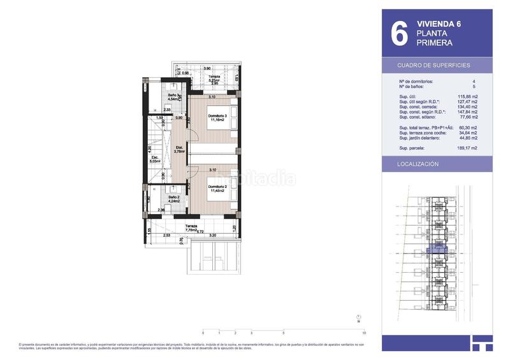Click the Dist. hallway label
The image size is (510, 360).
click(179, 150)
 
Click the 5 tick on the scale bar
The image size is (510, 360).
click(283, 333)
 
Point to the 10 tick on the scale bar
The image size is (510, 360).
click(363, 333)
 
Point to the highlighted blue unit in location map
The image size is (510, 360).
click(438, 250)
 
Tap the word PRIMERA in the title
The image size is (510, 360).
click(435, 43)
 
